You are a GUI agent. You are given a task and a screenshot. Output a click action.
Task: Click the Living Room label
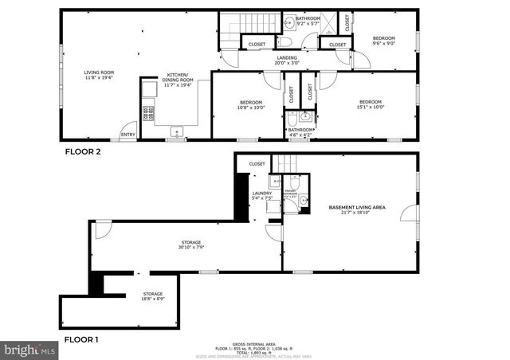tap(99, 76)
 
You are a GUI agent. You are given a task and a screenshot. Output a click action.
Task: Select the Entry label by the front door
tap(127, 135)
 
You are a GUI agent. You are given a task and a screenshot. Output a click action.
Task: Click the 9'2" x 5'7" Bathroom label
tap(308, 20)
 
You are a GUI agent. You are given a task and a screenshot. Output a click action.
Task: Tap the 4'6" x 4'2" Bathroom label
tap(300, 132)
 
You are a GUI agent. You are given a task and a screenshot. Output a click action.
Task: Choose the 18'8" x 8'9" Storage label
tap(153, 295)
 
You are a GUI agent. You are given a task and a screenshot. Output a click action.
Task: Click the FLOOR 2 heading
tap(82, 151)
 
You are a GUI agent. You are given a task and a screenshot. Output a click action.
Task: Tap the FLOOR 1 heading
tap(81, 340)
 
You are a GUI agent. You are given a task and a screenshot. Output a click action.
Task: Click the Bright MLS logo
tap(29, 349)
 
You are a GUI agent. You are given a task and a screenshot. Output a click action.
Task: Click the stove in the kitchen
tap(147, 114)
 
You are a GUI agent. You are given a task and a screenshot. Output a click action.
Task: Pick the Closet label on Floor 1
tap(257, 164)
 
